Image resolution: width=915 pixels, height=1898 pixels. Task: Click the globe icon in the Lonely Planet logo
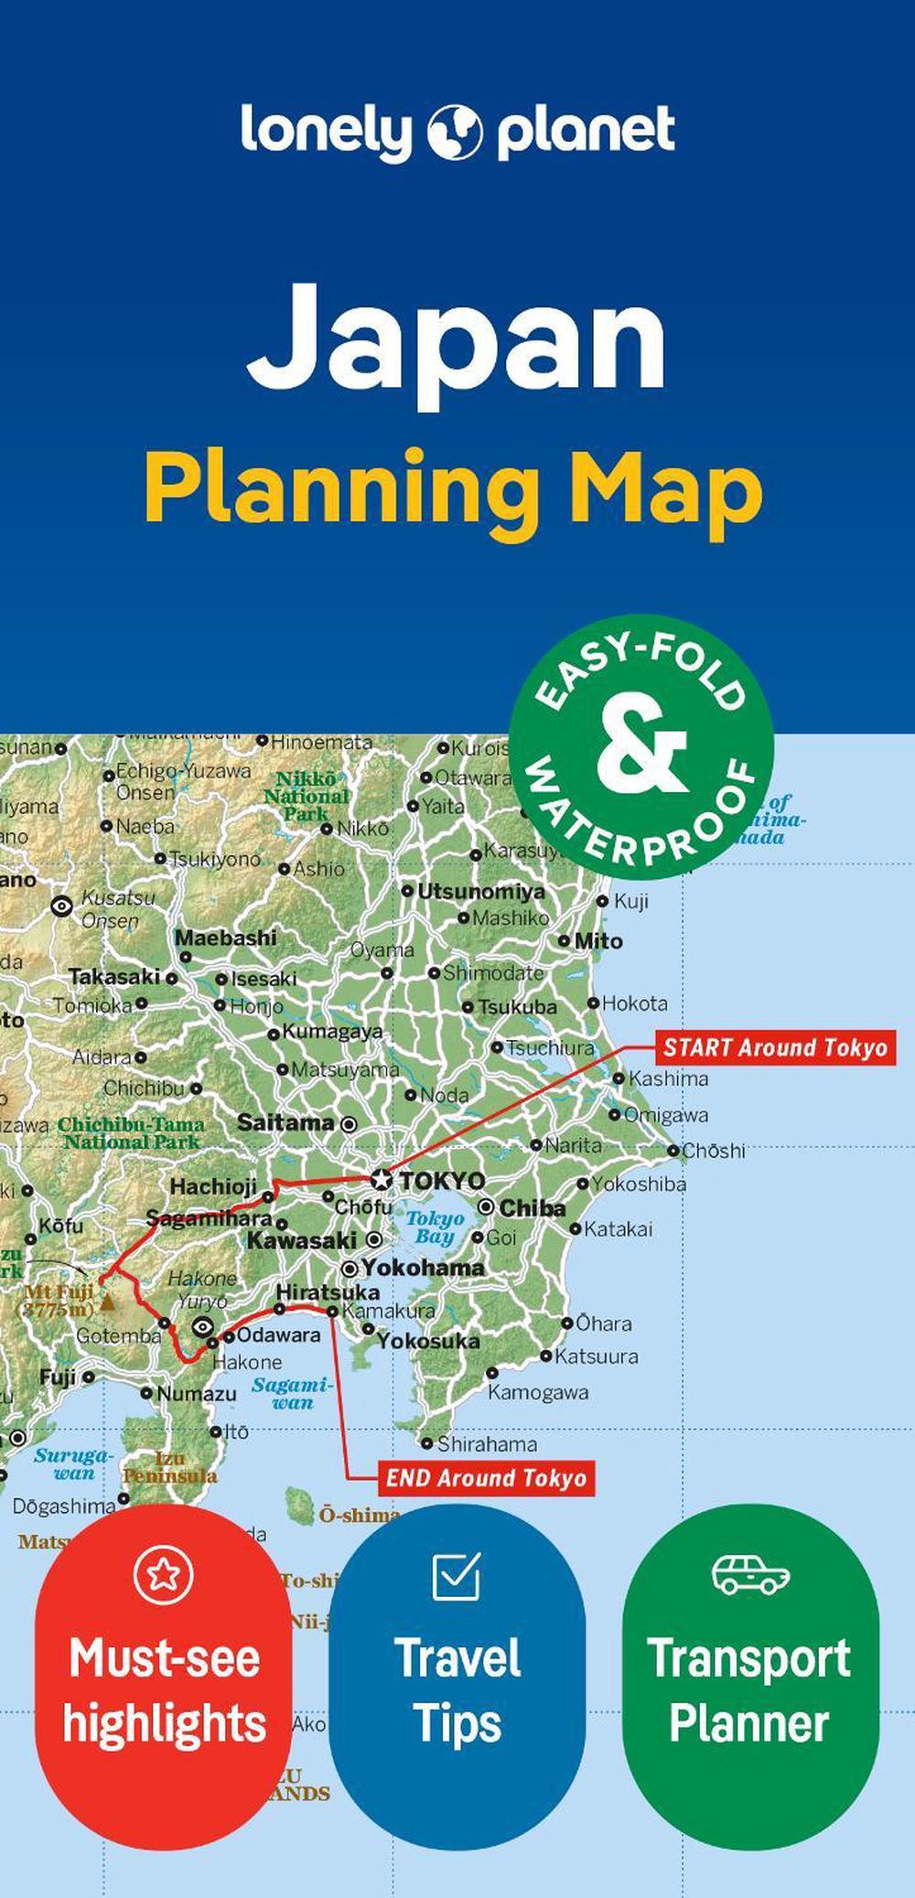455,132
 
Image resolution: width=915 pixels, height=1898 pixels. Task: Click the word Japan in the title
457,336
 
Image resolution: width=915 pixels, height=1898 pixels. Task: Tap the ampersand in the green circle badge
640,747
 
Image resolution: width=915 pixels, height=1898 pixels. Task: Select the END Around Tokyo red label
486,1478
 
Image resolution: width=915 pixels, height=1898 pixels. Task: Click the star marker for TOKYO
382,1179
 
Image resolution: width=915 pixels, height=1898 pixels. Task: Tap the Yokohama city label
423,1268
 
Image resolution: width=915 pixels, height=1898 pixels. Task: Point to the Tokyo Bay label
436,1228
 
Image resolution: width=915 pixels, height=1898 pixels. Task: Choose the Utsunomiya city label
480,891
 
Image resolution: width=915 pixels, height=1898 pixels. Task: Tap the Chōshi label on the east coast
714,1151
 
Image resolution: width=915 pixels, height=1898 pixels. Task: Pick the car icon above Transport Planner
750,1574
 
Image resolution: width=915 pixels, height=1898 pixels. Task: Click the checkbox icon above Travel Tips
456,1574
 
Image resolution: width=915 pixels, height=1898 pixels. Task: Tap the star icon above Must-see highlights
164,1573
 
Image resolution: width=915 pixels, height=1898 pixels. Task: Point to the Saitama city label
285,1122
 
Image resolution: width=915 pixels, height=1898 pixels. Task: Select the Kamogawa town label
537,1392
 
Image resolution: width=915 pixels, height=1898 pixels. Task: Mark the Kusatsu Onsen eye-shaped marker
62,906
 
